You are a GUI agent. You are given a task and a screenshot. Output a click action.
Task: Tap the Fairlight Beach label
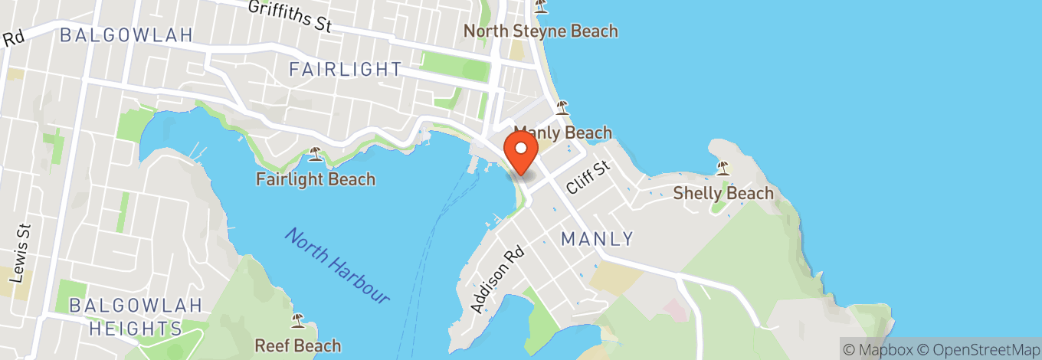point(316,179)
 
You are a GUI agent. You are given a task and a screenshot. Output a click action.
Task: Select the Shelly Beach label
point(723,193)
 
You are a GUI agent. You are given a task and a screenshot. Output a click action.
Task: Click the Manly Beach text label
point(562,133)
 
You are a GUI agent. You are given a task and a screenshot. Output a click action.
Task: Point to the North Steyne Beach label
point(541,31)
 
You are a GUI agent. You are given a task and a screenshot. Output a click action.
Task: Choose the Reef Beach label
point(297,345)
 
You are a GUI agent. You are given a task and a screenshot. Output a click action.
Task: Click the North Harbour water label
point(337,265)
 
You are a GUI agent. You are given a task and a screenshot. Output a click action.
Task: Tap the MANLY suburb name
point(598,239)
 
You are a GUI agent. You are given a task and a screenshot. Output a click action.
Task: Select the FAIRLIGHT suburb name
point(345,70)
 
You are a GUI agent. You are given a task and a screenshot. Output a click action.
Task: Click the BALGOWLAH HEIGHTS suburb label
point(136,317)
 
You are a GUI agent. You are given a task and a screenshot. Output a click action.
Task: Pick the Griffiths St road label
point(289,15)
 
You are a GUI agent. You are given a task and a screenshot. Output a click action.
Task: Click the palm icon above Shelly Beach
point(723,167)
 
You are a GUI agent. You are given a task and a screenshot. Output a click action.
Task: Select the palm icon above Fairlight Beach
point(315,154)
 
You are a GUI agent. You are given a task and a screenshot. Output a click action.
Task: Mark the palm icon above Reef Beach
point(297,320)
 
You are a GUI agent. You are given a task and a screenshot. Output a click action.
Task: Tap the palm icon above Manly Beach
point(562,107)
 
